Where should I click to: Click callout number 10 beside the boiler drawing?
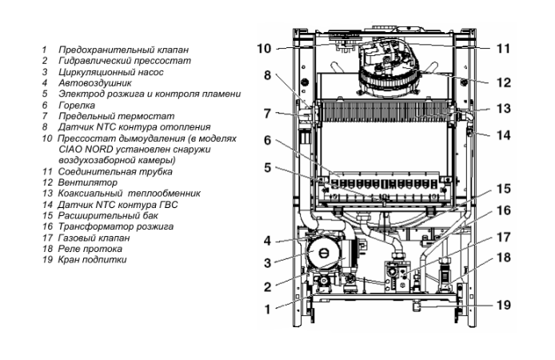point(263,49)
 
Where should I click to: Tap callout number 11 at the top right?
point(502,48)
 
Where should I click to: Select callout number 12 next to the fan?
point(502,82)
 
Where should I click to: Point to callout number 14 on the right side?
point(502,135)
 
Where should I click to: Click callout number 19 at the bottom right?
point(502,305)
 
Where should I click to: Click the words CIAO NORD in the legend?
point(81,149)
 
